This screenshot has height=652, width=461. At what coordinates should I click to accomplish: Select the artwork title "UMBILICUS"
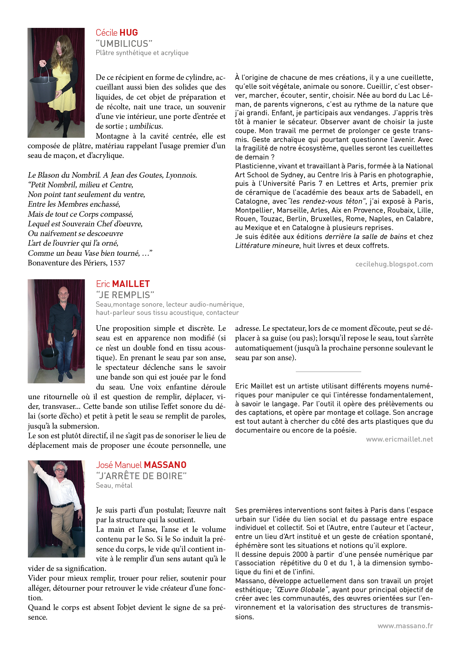(x=124, y=43)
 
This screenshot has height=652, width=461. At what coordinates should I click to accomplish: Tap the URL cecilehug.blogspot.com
(x=394, y=264)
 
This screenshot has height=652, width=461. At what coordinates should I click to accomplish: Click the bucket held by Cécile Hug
(x=44, y=85)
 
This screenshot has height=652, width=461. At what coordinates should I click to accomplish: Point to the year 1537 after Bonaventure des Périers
(x=117, y=263)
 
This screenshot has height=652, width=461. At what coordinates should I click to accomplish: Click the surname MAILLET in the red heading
(x=131, y=284)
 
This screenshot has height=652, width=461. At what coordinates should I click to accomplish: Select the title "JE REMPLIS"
(x=125, y=295)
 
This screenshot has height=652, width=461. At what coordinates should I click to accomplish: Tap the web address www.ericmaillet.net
(x=399, y=439)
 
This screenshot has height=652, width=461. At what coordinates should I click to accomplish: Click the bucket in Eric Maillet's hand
(x=49, y=356)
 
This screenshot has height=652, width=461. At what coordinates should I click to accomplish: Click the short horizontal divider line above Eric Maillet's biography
(x=328, y=371)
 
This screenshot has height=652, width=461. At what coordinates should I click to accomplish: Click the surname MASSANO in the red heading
(x=165, y=465)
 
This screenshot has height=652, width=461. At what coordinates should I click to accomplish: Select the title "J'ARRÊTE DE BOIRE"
(x=141, y=476)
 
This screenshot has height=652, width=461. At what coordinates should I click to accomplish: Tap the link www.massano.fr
(x=405, y=626)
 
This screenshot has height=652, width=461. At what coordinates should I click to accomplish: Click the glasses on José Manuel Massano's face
(x=59, y=470)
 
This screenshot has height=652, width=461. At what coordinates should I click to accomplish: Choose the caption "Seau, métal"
(x=114, y=485)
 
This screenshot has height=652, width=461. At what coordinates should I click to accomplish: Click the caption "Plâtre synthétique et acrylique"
(x=142, y=53)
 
